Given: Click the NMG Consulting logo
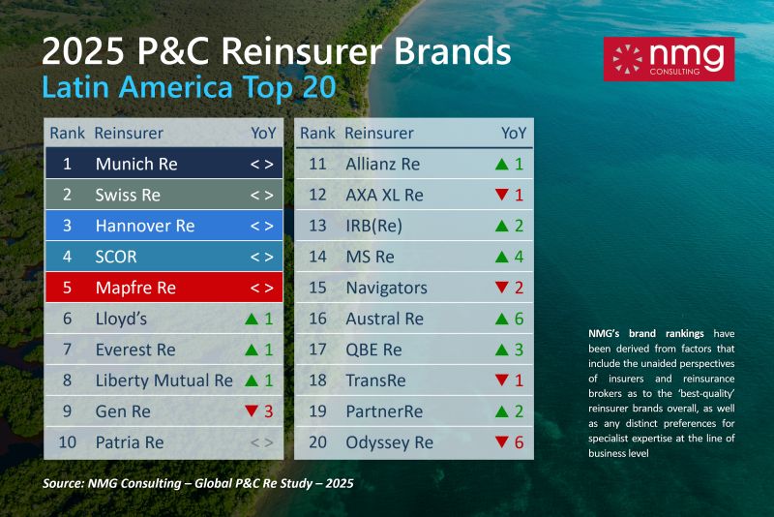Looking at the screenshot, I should click(x=668, y=58).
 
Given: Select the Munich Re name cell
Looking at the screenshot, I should click(x=136, y=164).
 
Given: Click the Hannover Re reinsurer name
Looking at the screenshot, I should click(x=145, y=226).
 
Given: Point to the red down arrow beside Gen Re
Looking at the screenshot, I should click(x=253, y=411).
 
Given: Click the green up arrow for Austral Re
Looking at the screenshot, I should click(x=501, y=319).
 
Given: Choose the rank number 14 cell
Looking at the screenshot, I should click(x=317, y=257).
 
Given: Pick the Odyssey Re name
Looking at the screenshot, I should click(x=390, y=442).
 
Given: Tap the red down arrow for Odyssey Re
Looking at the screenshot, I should click(x=501, y=442).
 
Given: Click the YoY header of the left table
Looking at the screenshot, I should click(x=263, y=133).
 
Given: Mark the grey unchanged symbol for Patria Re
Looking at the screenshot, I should click(x=262, y=442).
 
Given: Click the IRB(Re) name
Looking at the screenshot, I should click(x=373, y=226).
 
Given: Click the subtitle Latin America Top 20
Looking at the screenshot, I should click(x=189, y=87).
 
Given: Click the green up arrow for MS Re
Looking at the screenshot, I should click(x=501, y=257).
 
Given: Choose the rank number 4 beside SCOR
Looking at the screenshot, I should click(x=67, y=257).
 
